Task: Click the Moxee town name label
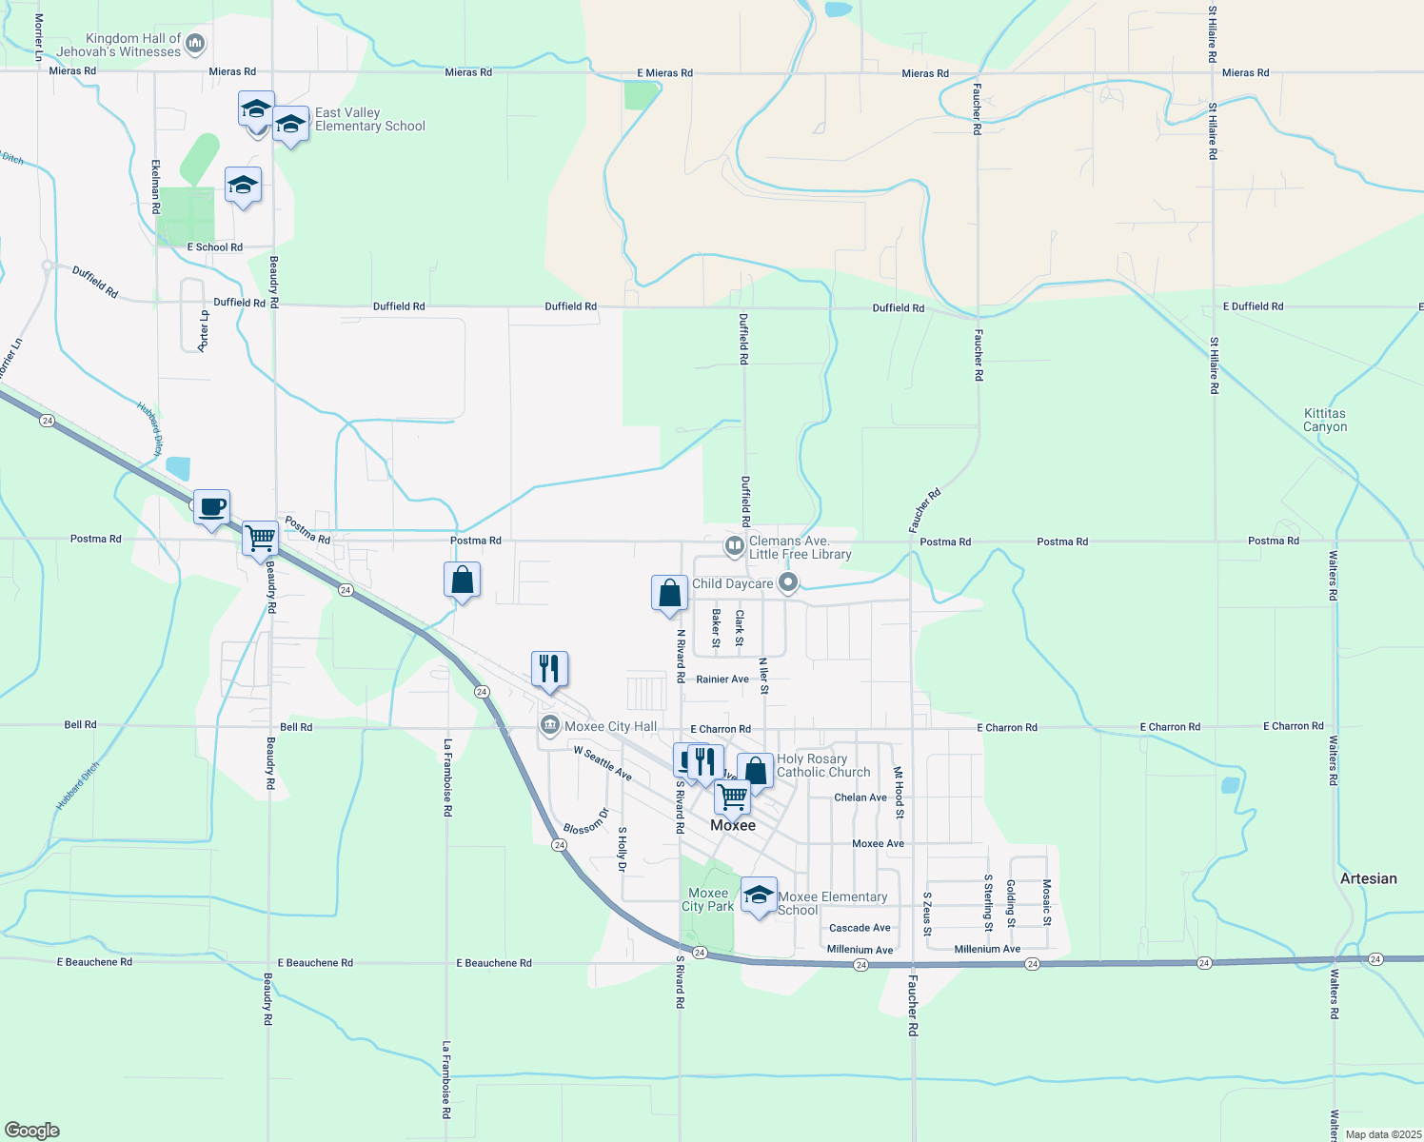click(733, 825)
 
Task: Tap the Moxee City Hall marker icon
click(550, 726)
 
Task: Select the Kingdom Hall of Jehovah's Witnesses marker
click(195, 43)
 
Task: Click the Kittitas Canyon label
click(1325, 421)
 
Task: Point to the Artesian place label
click(1368, 878)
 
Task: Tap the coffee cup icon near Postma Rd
click(211, 506)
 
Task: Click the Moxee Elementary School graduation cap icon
click(759, 895)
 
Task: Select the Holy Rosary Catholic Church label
click(823, 765)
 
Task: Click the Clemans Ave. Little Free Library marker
click(734, 546)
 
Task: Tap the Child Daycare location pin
click(787, 582)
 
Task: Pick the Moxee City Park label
click(707, 899)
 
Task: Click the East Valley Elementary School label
click(369, 119)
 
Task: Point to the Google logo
click(32, 1131)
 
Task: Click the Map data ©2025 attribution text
click(1379, 1133)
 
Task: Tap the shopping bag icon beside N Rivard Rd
click(669, 592)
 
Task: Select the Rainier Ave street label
click(722, 679)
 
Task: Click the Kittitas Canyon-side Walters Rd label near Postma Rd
click(1333, 576)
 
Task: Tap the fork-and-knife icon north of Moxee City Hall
click(549, 668)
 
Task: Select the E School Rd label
click(214, 247)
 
